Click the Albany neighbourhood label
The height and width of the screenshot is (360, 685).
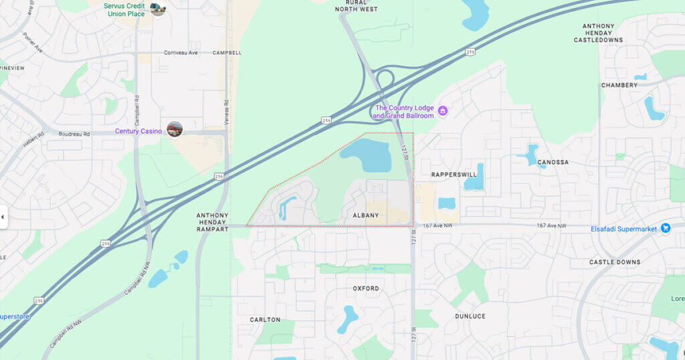click(x=365, y=215)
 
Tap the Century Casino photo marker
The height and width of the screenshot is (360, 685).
click(x=175, y=129)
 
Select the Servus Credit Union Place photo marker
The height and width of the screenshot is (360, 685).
click(x=158, y=9)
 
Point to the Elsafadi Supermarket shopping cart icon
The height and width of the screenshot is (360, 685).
click(x=666, y=228)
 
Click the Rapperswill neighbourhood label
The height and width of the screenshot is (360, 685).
click(x=454, y=175)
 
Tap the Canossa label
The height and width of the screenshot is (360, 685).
click(x=553, y=163)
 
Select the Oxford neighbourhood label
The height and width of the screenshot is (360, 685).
click(x=366, y=288)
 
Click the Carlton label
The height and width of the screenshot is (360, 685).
click(x=265, y=320)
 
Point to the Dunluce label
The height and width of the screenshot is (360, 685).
click(x=470, y=316)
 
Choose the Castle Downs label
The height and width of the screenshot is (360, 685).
click(x=615, y=262)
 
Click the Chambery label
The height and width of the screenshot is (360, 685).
click(x=619, y=86)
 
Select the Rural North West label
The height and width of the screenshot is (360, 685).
click(x=357, y=5)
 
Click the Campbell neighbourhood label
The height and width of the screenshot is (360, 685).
click(x=227, y=52)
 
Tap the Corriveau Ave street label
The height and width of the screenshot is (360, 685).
click(x=181, y=52)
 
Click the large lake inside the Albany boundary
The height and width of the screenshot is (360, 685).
click(x=367, y=155)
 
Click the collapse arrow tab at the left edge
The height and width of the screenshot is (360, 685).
click(x=3, y=217)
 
